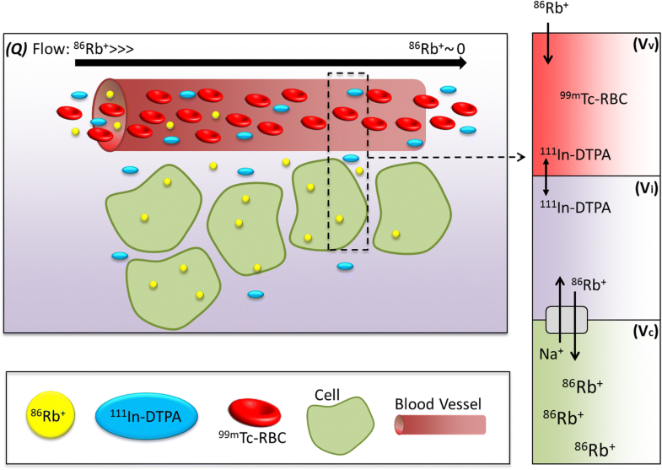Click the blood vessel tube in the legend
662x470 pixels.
pyautogui.click(x=439, y=424)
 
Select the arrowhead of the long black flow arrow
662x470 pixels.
pyautogui.click(x=461, y=63)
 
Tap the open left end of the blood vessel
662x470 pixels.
pyautogui.click(x=107, y=116)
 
